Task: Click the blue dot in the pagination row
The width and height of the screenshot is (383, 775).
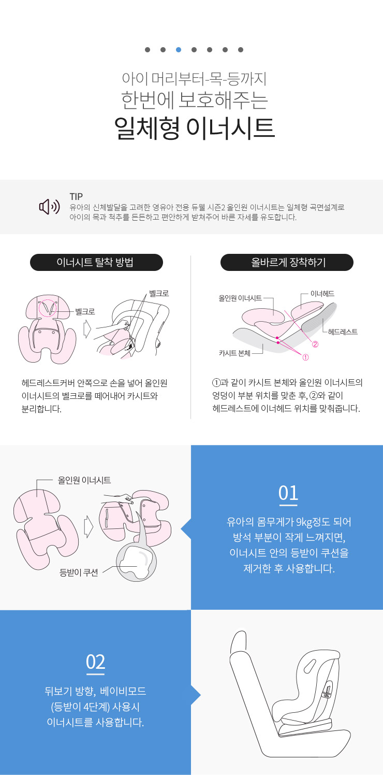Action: coord(179,50)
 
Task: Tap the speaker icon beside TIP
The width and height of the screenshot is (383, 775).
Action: coord(50,207)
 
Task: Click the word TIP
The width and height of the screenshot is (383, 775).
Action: coord(76,196)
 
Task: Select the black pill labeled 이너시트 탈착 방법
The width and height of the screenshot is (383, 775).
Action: coord(96,262)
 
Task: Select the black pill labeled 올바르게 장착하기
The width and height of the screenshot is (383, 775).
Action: coord(287,262)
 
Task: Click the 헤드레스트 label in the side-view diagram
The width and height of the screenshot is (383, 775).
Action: coord(343,332)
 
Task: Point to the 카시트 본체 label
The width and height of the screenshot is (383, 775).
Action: coord(234,353)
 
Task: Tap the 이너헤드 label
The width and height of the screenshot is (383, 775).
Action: coord(322,294)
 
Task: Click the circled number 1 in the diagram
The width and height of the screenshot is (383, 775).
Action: coord(305,357)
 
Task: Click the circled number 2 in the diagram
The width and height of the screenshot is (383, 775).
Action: coord(315,345)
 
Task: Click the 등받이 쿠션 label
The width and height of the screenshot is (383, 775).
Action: coord(79,572)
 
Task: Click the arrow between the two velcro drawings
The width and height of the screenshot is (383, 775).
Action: coord(87,329)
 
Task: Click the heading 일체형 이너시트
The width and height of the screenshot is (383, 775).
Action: coord(194,128)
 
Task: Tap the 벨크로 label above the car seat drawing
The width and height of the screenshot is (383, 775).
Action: coord(159,293)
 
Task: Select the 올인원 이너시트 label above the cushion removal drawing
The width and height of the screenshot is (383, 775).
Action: coord(84,480)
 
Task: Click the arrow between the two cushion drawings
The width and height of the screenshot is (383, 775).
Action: coord(89,526)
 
